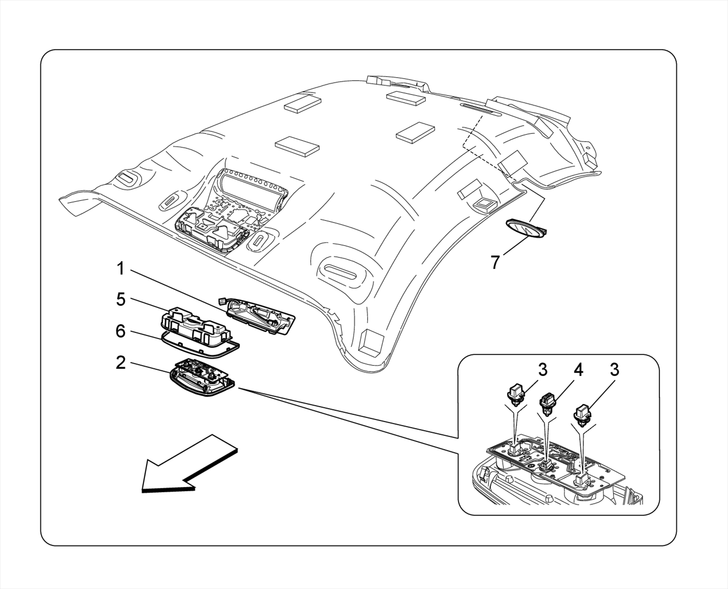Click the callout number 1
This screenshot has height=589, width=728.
[121, 269]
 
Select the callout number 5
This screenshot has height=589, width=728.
[121, 300]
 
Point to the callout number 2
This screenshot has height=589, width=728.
[121, 363]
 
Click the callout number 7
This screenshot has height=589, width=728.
[495, 262]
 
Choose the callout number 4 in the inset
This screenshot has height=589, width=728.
[578, 371]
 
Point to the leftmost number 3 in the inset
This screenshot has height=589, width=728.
[542, 370]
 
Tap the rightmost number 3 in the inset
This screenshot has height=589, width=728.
[615, 370]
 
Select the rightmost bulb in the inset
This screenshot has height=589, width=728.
[583, 415]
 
